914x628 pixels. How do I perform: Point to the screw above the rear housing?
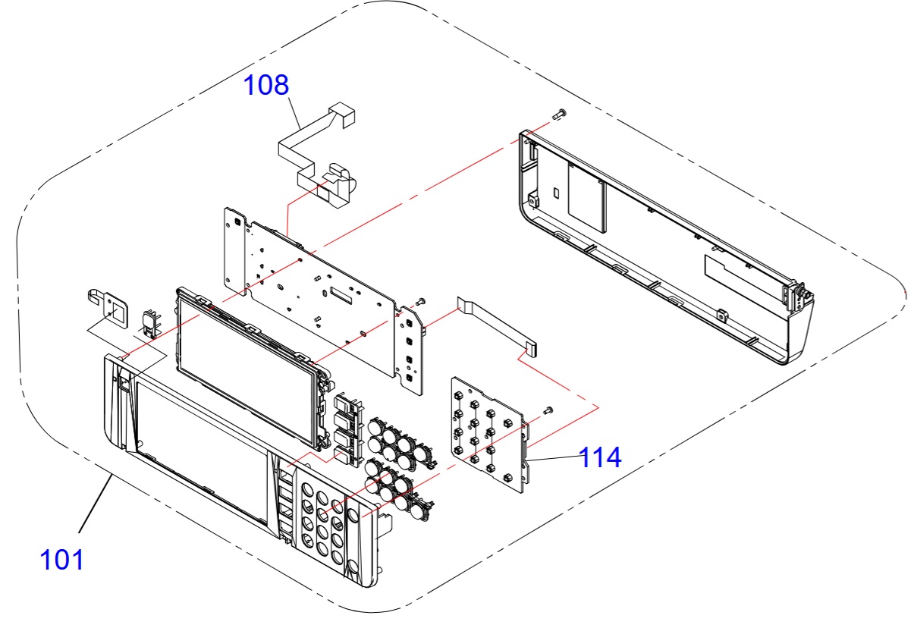[x=560, y=114]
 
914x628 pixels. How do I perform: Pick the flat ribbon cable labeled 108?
[x=319, y=152]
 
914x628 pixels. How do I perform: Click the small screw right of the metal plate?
[x=422, y=301]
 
